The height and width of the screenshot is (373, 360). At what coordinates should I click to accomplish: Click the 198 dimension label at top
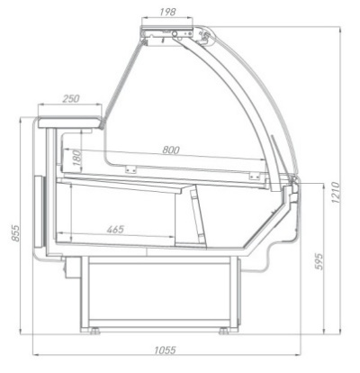click(x=167, y=12)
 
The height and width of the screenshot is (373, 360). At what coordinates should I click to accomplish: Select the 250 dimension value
click(x=71, y=98)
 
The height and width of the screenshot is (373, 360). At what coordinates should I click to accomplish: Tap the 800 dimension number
click(x=171, y=150)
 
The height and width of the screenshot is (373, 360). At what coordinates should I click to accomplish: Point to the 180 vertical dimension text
click(x=77, y=158)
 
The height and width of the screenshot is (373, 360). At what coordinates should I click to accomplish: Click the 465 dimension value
click(x=115, y=230)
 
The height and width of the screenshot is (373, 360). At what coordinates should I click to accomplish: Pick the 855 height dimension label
click(x=15, y=232)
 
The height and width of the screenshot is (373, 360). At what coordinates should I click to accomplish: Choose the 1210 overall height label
click(x=336, y=193)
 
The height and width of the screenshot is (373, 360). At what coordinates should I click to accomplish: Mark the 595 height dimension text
click(x=319, y=261)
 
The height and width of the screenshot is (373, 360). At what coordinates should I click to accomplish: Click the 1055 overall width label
click(x=165, y=350)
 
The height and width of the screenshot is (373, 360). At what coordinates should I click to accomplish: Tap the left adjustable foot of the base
click(x=95, y=331)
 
